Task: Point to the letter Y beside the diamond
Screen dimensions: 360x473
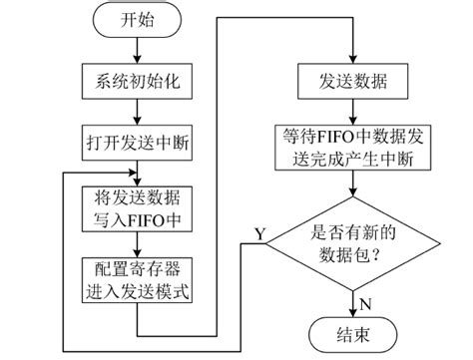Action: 260,232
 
